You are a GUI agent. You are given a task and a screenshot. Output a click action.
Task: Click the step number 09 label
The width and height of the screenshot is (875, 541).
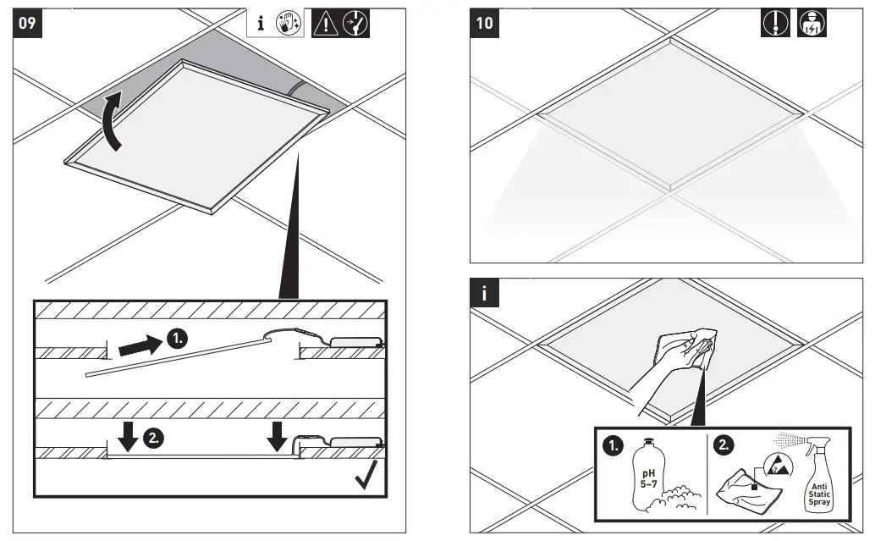27,23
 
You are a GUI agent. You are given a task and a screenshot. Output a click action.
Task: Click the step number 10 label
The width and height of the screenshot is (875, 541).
484,23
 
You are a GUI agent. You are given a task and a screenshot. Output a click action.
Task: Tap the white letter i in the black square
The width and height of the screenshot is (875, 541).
484,295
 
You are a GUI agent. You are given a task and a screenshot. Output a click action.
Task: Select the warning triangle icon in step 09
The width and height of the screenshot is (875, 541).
325,24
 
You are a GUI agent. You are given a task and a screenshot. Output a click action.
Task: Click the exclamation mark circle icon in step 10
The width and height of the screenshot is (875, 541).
775,23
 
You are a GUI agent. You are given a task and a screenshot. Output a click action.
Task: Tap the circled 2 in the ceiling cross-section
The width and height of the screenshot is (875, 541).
152,438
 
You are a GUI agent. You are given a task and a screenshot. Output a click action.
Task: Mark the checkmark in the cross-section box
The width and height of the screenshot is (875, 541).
366,478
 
